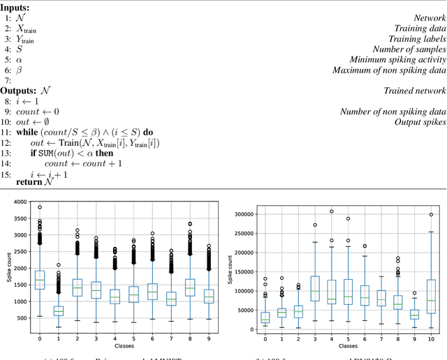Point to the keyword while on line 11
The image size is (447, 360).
pyautogui.click(x=27, y=133)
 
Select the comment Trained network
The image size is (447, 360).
pyautogui.click(x=415, y=91)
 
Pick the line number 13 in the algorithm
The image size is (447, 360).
pyautogui.click(x=8, y=153)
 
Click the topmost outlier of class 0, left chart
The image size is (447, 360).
pyautogui.click(x=40, y=207)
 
